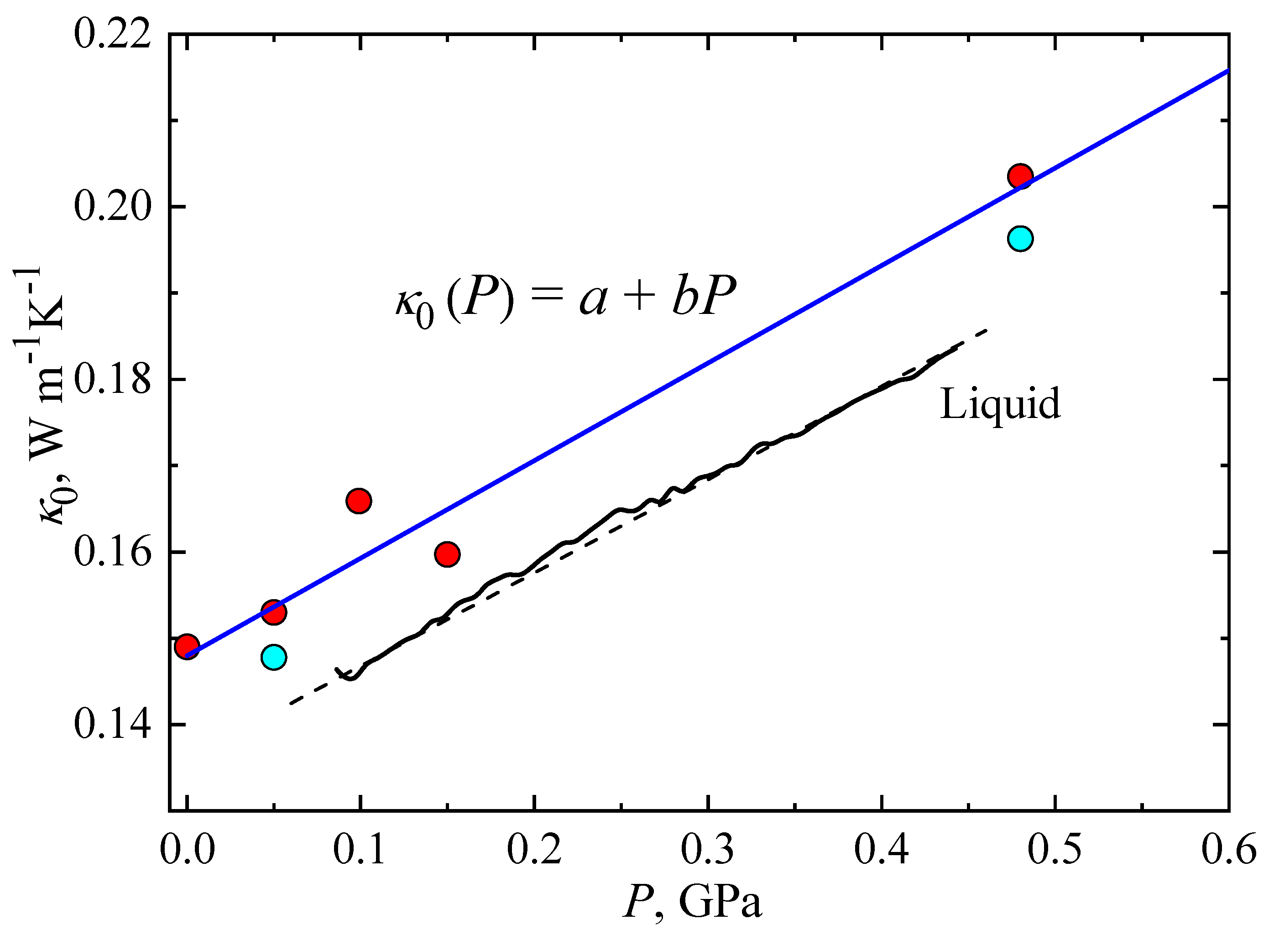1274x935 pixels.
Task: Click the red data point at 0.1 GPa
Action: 358,501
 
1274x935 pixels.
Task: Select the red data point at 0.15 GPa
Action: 447,554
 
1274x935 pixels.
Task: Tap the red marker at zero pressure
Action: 187,646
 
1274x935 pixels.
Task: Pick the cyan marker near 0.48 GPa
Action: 1020,238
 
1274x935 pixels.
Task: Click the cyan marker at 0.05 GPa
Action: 274,657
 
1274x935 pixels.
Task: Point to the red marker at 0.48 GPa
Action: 1020,176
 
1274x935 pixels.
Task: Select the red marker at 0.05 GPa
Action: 274,612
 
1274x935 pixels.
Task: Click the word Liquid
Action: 999,404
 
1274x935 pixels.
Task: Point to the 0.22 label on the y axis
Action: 113,35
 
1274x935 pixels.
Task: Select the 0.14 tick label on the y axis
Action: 113,725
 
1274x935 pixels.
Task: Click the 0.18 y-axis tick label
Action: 113,379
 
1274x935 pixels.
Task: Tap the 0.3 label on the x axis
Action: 707,850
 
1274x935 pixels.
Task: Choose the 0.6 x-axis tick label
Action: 1229,850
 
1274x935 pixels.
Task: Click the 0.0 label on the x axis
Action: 187,850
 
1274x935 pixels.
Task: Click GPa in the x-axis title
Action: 720,902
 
